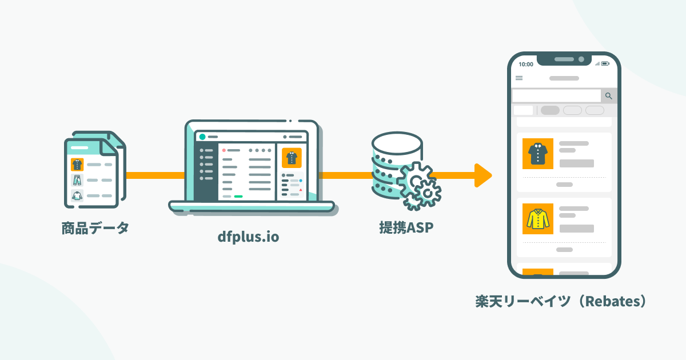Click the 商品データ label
tap(95, 229)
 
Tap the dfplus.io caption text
tap(249, 237)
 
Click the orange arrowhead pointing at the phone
tap(483, 175)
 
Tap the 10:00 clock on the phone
tap(526, 64)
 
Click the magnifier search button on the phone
tap(609, 96)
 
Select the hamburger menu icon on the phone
tap(519, 78)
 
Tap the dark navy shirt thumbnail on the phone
tap(538, 154)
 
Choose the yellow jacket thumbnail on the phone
tap(538, 219)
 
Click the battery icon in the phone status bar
tap(605, 63)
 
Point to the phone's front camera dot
tap(581, 59)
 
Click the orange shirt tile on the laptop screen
tap(292, 157)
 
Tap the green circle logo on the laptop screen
tap(202, 137)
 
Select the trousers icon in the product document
tap(77, 180)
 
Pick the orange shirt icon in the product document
tap(77, 165)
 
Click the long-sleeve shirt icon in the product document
tap(77, 195)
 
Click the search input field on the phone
tap(556, 96)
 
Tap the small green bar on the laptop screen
tap(238, 196)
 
